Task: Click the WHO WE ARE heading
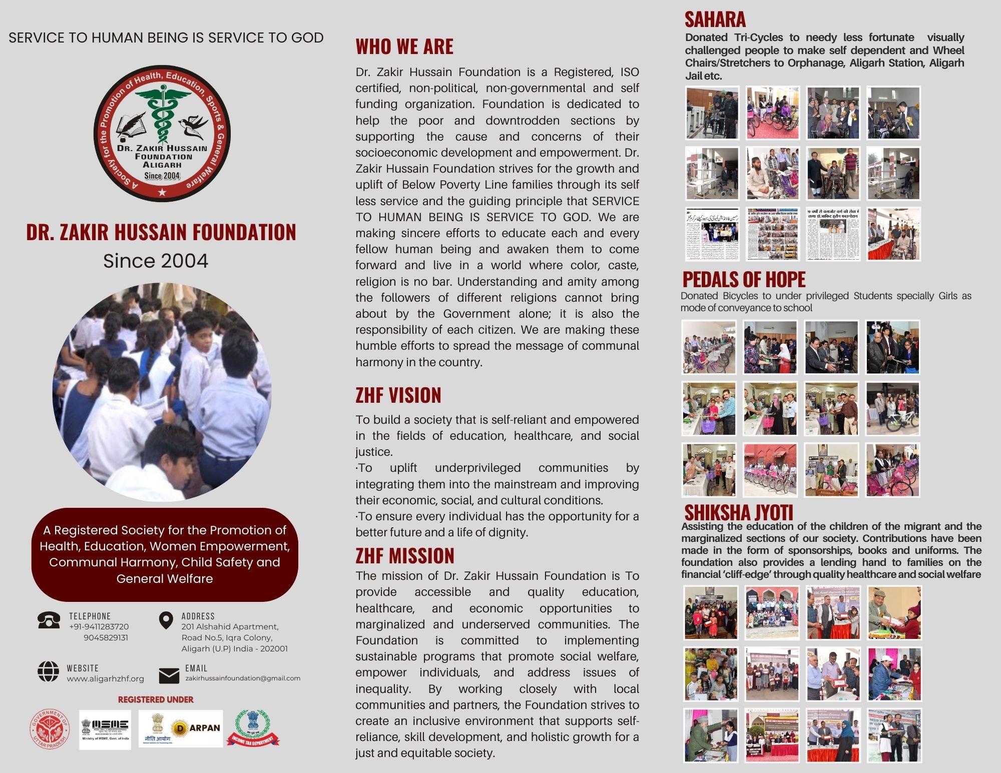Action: click(x=404, y=47)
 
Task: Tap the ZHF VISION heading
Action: click(x=398, y=395)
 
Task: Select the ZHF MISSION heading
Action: click(x=405, y=556)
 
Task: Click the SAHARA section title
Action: click(x=715, y=20)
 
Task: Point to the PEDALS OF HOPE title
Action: click(x=744, y=279)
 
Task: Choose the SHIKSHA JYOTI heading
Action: click(x=739, y=512)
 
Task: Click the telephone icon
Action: click(x=49, y=620)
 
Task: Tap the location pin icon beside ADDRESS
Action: click(x=166, y=620)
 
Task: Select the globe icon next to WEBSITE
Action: click(x=49, y=671)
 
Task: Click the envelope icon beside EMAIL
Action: click(x=169, y=675)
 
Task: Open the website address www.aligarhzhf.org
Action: click(x=105, y=679)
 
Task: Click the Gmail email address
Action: click(x=243, y=678)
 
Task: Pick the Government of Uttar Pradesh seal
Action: click(x=51, y=729)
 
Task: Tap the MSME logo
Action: click(x=105, y=729)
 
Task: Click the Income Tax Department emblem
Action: click(x=252, y=728)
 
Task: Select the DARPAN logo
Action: click(x=197, y=728)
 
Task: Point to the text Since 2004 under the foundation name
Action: click(x=156, y=261)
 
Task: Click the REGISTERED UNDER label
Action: click(x=156, y=699)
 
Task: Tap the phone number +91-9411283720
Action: click(x=99, y=626)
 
